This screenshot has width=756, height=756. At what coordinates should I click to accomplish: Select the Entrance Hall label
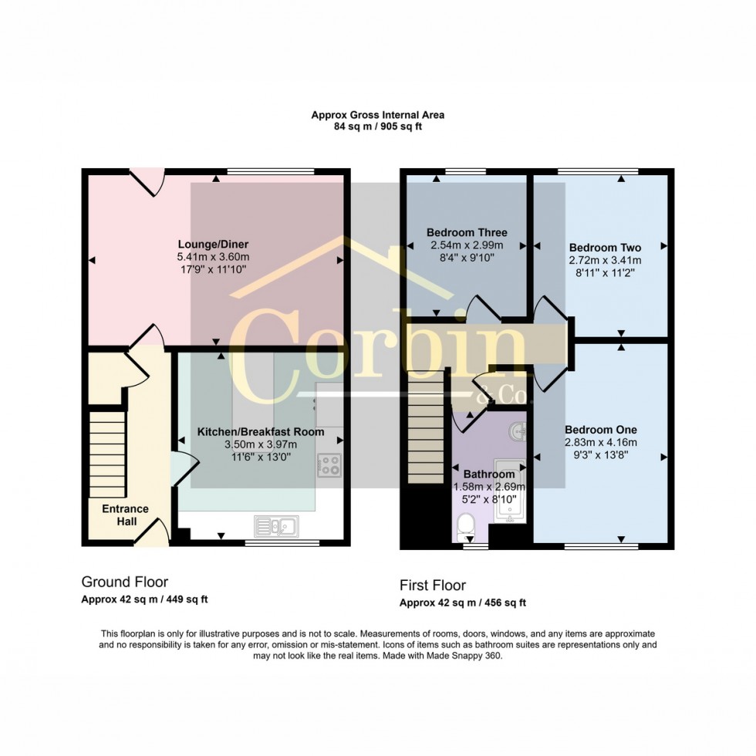(125, 515)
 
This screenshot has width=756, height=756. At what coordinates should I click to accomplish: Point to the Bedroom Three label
(467, 232)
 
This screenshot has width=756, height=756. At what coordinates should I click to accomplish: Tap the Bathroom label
(488, 474)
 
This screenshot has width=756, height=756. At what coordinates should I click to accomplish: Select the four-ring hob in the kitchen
(330, 464)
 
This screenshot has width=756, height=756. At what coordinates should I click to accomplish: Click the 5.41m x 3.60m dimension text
(214, 256)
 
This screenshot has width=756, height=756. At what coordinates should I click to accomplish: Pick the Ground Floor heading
(124, 582)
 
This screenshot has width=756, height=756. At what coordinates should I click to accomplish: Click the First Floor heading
(432, 586)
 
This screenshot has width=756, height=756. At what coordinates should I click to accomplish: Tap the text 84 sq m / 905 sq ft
(377, 127)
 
